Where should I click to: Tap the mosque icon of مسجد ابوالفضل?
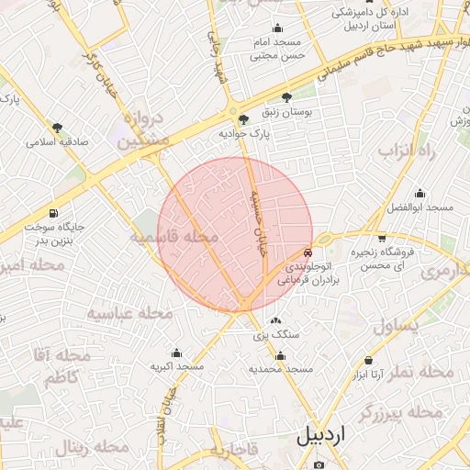coord(420,194)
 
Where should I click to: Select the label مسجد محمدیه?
coord(281,368)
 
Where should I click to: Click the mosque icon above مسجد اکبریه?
coord(176,352)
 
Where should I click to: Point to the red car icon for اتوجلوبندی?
coord(308,250)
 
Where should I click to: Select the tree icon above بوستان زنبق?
coord(287,96)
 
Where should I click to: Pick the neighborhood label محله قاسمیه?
coord(173,238)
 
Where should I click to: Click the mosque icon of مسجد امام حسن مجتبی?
coord(277,28)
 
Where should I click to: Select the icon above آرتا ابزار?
coord(368,361)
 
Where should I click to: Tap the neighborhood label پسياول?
coord(397,325)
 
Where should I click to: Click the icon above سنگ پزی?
coord(276,321)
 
